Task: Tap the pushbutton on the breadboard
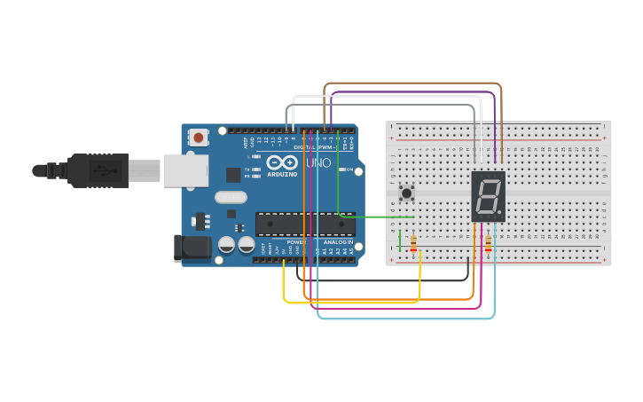pos(407,193)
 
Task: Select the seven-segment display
pos(488,196)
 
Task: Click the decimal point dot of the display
pos(501,216)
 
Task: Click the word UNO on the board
pos(318,163)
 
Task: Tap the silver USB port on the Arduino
pos(186,169)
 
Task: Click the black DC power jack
pos(193,248)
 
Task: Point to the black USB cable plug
pos(98,170)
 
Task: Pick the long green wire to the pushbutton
pos(377,217)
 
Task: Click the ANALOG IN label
pos(337,241)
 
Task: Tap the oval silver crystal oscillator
pos(230,198)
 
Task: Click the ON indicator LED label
pos(349,169)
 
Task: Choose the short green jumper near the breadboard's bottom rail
pos(400,240)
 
